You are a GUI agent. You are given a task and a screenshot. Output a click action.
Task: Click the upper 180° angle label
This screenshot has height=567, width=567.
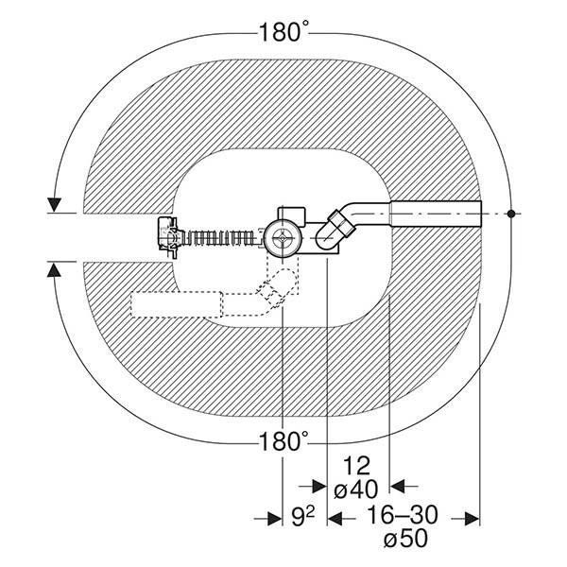283,32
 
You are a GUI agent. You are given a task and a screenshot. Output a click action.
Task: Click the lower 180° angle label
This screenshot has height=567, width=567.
283,441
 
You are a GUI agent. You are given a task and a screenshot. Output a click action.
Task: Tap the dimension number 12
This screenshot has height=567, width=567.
356,466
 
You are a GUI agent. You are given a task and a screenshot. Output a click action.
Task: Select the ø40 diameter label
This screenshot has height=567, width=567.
356,490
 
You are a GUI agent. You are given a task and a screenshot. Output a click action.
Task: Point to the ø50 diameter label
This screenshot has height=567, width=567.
405,539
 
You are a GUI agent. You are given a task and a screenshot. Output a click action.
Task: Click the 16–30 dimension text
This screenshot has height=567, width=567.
403,515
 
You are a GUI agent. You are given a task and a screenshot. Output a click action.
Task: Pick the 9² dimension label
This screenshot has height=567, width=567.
303,517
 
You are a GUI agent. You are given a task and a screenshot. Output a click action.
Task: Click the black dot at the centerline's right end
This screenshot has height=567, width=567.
511,214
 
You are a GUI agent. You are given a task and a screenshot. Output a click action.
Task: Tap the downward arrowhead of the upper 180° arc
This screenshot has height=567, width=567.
54,205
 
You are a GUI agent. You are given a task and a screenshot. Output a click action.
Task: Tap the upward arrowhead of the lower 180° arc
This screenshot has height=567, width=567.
54,270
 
